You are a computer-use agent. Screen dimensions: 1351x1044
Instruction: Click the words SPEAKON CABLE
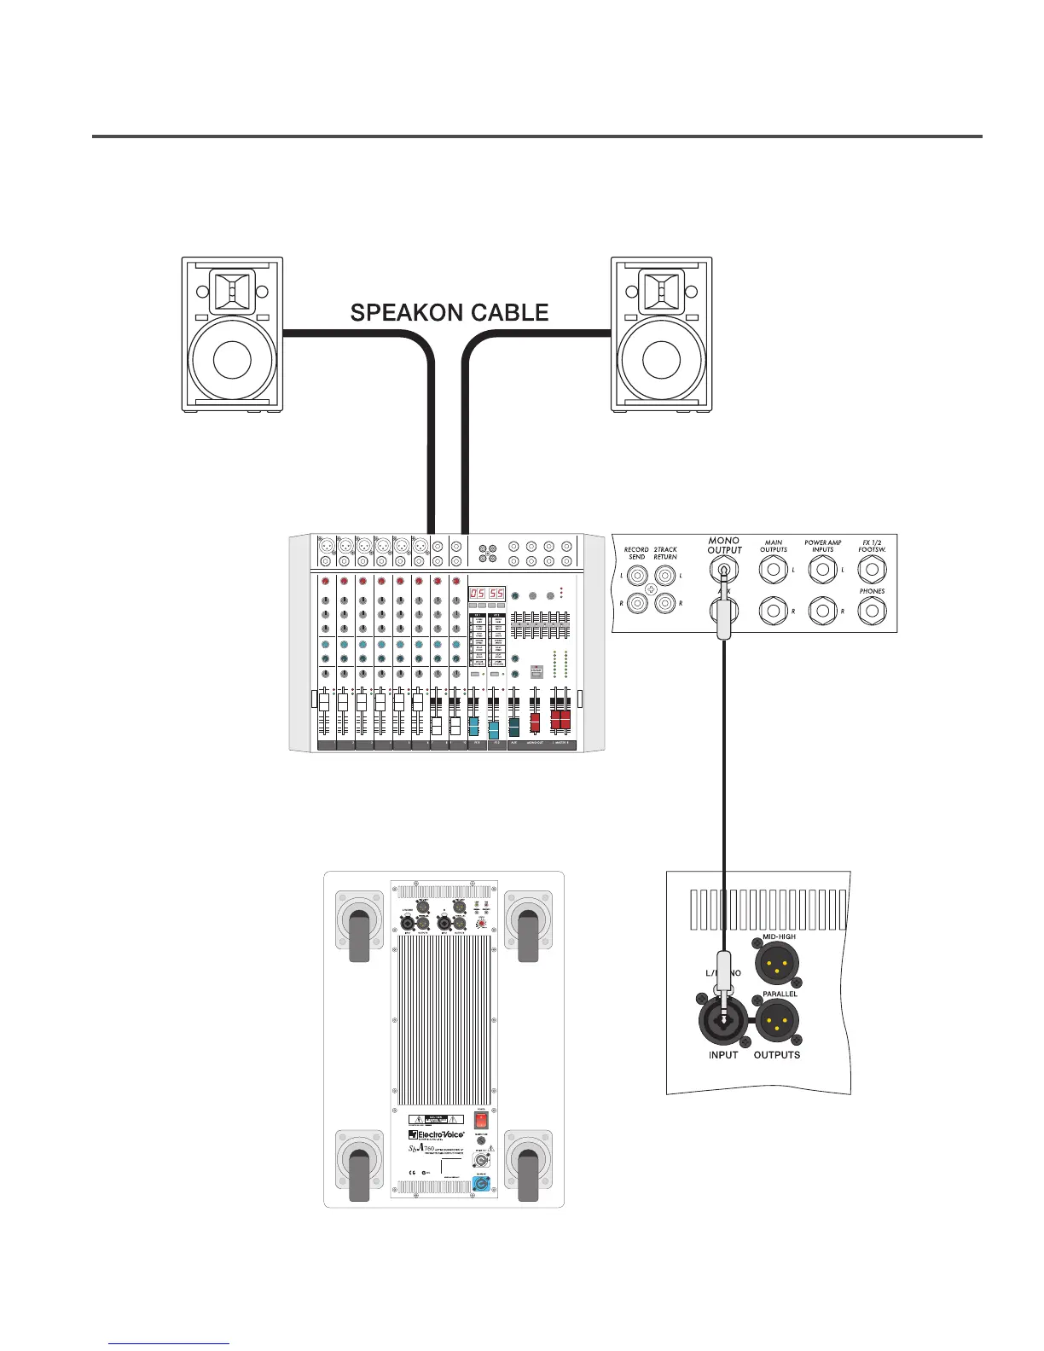pos(449,313)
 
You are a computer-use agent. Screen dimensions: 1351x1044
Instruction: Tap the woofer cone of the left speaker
pos(233,359)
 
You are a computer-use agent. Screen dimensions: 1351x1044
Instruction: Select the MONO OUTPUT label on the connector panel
pos(724,545)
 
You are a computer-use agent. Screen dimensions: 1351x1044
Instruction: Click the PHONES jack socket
pos(872,610)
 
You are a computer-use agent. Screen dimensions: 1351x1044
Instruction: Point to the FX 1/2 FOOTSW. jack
pos(872,569)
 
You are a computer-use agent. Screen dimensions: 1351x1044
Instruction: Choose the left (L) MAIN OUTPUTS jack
pos(774,569)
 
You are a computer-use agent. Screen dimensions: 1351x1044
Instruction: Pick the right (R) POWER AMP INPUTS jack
pos(822,610)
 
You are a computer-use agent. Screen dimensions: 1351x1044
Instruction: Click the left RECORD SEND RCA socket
pos(638,576)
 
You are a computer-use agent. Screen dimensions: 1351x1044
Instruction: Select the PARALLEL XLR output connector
pos(777,1018)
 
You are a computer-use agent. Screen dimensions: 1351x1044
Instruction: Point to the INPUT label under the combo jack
pos(724,1055)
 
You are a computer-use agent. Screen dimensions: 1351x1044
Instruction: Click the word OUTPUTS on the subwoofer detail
pos(777,1055)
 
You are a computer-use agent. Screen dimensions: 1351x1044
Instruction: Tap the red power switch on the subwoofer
pos(481,1118)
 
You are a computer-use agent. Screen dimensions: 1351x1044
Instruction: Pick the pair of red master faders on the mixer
pos(560,721)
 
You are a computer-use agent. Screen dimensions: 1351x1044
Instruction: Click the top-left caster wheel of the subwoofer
pos(359,928)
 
